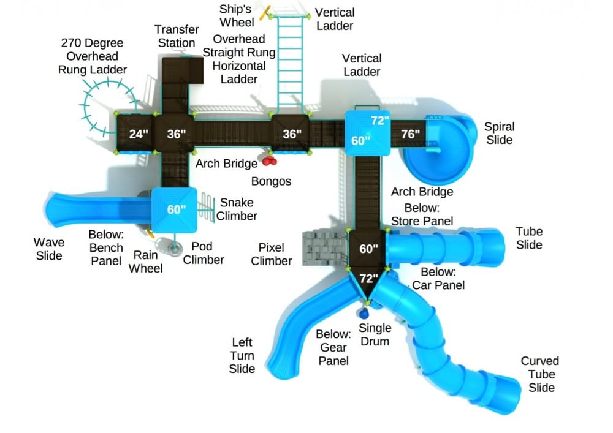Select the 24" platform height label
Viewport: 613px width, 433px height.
139,134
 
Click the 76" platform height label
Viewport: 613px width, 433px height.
410,134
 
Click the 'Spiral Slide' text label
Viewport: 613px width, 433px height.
499,133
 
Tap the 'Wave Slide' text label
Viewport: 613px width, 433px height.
48,249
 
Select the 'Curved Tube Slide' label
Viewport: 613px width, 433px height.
539,374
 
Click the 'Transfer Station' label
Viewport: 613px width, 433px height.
177,36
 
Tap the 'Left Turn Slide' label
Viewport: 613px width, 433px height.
242,355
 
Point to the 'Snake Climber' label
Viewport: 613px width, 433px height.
236,209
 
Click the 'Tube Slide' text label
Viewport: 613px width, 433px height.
528,238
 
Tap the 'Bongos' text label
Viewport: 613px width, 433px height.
271,181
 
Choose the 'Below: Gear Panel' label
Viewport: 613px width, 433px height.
333,347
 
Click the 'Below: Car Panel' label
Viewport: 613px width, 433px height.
438,279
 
